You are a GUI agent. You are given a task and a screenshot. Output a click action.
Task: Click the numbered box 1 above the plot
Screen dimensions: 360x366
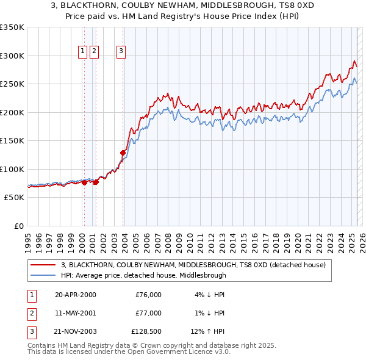point(82,52)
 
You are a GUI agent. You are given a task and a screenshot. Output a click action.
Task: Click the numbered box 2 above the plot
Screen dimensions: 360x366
point(94,52)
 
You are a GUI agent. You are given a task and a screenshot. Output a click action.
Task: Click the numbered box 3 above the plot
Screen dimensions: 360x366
point(121,52)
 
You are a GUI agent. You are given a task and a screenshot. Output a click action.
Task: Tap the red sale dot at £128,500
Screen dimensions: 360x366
point(123,153)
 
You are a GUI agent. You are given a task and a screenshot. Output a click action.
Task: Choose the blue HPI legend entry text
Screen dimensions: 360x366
point(143,275)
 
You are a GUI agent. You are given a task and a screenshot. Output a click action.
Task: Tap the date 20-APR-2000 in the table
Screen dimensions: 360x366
point(76,295)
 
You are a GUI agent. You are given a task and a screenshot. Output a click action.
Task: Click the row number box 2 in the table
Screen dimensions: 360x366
point(32,313)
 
